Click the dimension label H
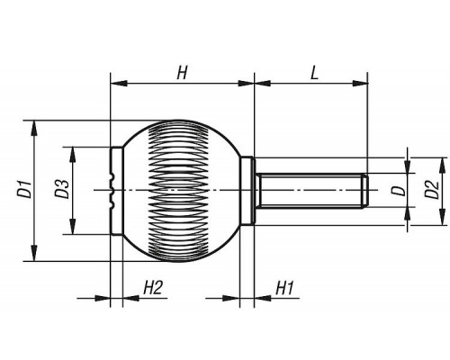[x=182, y=73]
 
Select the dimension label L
[x=314, y=73]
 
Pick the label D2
[x=431, y=190]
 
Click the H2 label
[x=153, y=288]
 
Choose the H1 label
[x=283, y=288]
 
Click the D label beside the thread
[x=399, y=190]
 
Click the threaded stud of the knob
[x=311, y=190]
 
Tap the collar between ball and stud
[x=247, y=190]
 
